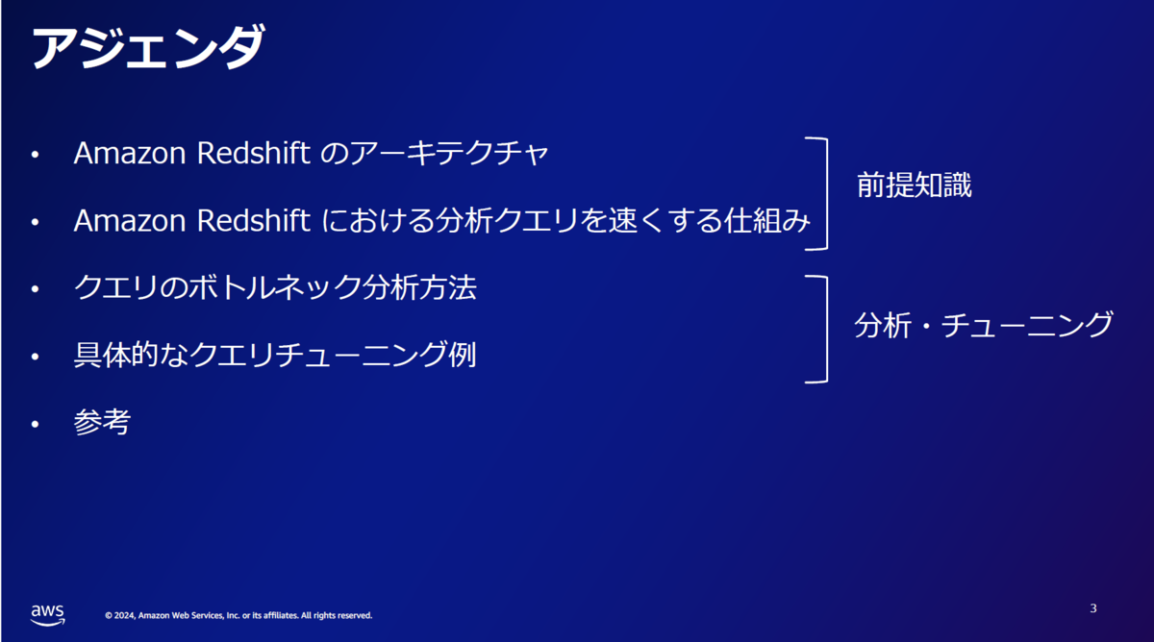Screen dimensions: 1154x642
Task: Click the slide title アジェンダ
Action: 148,46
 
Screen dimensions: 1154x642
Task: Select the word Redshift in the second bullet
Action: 253,220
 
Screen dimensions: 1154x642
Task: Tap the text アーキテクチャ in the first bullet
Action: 449,154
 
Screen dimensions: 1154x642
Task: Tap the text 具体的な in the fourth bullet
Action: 131,355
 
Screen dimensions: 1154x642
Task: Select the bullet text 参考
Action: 102,422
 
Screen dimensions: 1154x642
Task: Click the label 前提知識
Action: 914,185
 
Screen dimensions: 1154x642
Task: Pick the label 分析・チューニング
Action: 984,325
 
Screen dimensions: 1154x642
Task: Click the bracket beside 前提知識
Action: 827,193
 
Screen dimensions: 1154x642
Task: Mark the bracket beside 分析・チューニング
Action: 827,330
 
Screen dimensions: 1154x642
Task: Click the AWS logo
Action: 47,615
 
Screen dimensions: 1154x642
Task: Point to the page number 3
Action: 1093,608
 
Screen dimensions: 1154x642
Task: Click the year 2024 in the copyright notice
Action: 124,615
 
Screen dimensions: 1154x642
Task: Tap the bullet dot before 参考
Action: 35,424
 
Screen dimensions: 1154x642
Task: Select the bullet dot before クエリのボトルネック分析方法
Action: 35,289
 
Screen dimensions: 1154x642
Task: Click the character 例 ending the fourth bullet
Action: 463,355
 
